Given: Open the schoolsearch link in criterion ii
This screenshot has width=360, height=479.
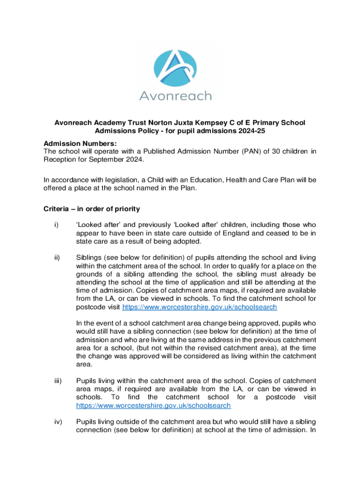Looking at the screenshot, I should click(200, 307).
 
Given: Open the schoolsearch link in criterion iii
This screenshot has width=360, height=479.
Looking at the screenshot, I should click(153, 406).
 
